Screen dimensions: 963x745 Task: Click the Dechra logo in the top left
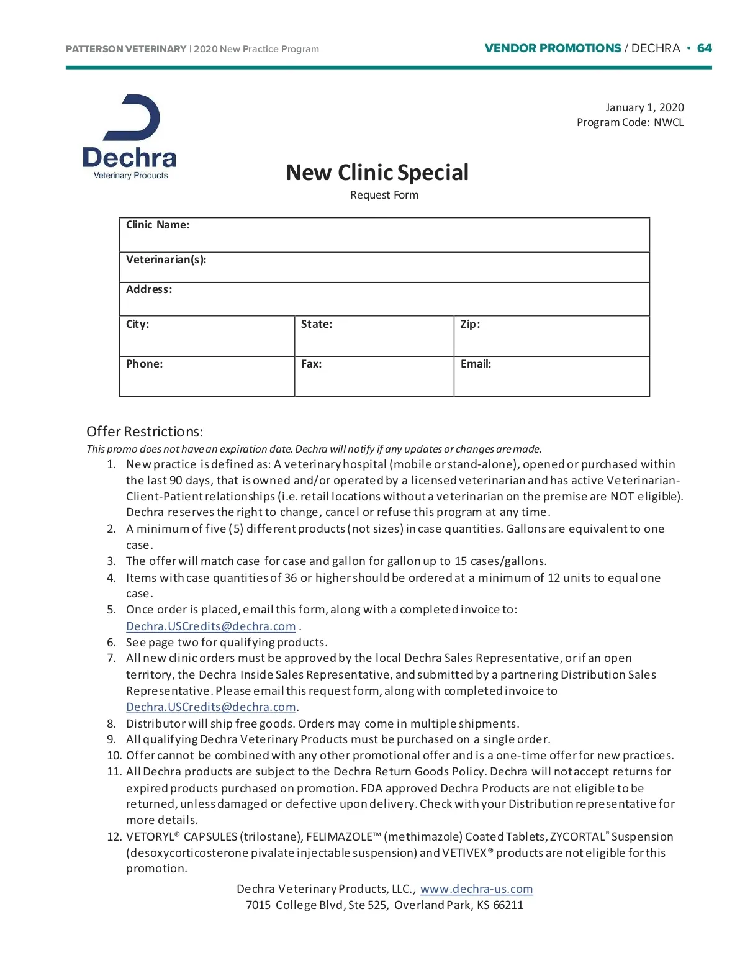click(x=130, y=137)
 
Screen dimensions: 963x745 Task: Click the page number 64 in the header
click(x=704, y=48)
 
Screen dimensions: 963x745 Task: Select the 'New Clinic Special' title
click(x=377, y=173)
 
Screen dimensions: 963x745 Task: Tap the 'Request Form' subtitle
click(x=384, y=195)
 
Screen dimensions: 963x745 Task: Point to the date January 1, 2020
click(x=644, y=107)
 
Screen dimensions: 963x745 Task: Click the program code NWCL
click(x=669, y=122)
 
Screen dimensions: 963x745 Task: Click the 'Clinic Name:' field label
click(x=158, y=225)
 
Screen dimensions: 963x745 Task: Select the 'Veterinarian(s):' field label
click(x=166, y=260)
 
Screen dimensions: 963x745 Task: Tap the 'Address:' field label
click(x=149, y=289)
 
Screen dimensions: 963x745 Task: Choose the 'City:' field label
click(x=137, y=324)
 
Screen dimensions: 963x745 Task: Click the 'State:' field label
click(x=317, y=324)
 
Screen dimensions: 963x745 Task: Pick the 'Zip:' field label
click(x=470, y=324)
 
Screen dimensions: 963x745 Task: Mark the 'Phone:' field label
click(x=144, y=364)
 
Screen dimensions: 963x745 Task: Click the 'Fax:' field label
click(x=311, y=364)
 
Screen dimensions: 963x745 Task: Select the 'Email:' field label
click(x=476, y=364)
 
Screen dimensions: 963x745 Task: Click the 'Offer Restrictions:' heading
click(x=145, y=432)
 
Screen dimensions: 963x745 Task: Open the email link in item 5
click(x=210, y=626)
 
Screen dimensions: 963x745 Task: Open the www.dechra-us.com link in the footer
click(x=476, y=888)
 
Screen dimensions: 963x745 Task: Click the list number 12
click(x=114, y=836)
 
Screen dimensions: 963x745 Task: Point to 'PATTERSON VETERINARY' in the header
click(x=126, y=49)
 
